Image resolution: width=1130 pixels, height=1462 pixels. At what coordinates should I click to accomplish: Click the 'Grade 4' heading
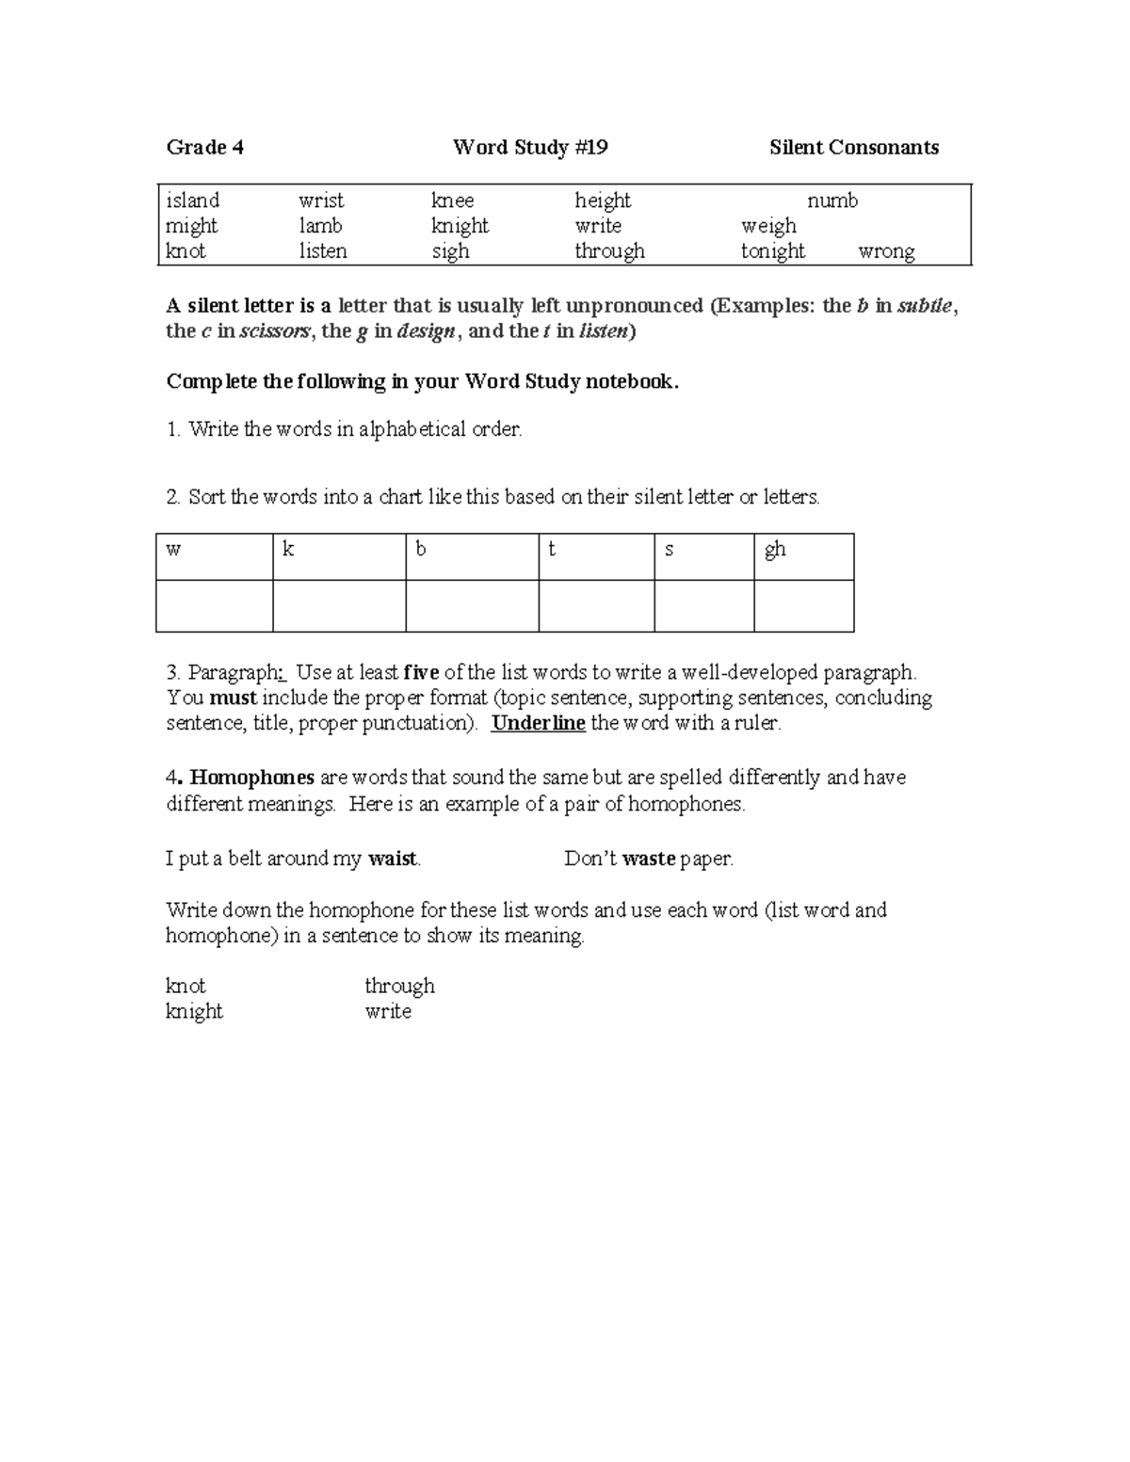tap(204, 147)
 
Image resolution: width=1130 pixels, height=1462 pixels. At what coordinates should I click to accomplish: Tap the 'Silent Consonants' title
tap(853, 147)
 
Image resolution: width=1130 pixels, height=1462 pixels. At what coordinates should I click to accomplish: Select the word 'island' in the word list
tap(192, 201)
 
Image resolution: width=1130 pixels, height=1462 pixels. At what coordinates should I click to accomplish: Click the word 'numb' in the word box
tap(832, 201)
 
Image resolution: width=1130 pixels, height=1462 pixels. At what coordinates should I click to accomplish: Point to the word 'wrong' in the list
tap(886, 251)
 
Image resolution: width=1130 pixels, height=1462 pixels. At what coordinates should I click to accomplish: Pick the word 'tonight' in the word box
tap(772, 251)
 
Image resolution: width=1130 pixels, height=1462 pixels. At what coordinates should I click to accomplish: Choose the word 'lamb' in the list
tap(320, 226)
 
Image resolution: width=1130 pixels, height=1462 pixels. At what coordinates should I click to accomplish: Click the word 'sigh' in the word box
tap(450, 251)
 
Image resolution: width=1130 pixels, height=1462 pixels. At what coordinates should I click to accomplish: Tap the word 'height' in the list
tap(603, 201)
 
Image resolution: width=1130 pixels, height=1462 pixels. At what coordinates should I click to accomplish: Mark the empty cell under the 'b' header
tap(472, 605)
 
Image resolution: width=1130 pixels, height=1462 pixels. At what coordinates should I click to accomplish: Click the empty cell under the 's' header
tap(703, 605)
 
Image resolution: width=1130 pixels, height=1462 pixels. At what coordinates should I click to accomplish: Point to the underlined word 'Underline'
tap(539, 724)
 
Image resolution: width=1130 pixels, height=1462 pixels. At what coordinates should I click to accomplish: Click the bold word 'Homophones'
tap(251, 778)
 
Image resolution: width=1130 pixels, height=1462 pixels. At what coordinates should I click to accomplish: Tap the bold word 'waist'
tap(393, 859)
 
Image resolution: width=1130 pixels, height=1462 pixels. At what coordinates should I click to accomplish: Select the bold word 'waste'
tap(649, 859)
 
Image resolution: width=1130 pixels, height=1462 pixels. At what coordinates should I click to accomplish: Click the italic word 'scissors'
tap(274, 330)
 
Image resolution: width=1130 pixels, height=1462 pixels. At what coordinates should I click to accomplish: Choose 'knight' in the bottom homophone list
tap(194, 1011)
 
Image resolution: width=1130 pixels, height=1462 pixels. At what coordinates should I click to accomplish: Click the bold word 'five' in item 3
tap(421, 673)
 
